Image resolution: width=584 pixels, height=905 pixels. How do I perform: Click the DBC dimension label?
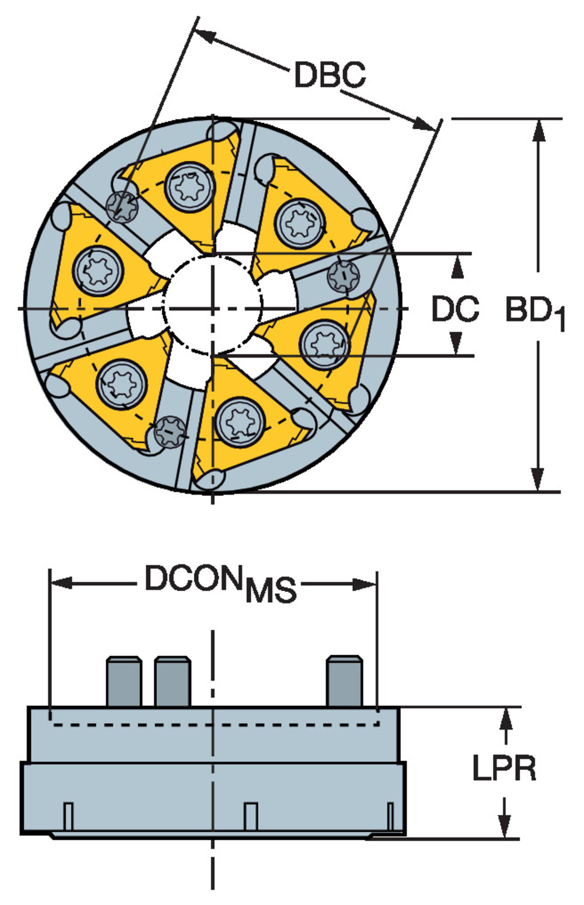coord(329,75)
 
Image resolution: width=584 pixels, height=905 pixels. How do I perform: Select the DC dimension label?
coord(455,309)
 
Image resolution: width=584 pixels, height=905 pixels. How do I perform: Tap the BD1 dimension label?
coord(535,312)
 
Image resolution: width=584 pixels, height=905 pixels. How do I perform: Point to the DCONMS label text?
coord(220,582)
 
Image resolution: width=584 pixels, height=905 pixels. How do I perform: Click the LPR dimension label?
coord(504,769)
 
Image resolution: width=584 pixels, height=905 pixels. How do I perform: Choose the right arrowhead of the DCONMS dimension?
coord(366,583)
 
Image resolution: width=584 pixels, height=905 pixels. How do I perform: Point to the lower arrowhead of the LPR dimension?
coord(506,826)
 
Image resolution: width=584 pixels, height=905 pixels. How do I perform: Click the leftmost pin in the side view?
coord(124,682)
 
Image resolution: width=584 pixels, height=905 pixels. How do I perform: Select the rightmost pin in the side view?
coord(344,682)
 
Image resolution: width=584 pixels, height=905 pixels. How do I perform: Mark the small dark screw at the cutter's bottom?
coord(170,431)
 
